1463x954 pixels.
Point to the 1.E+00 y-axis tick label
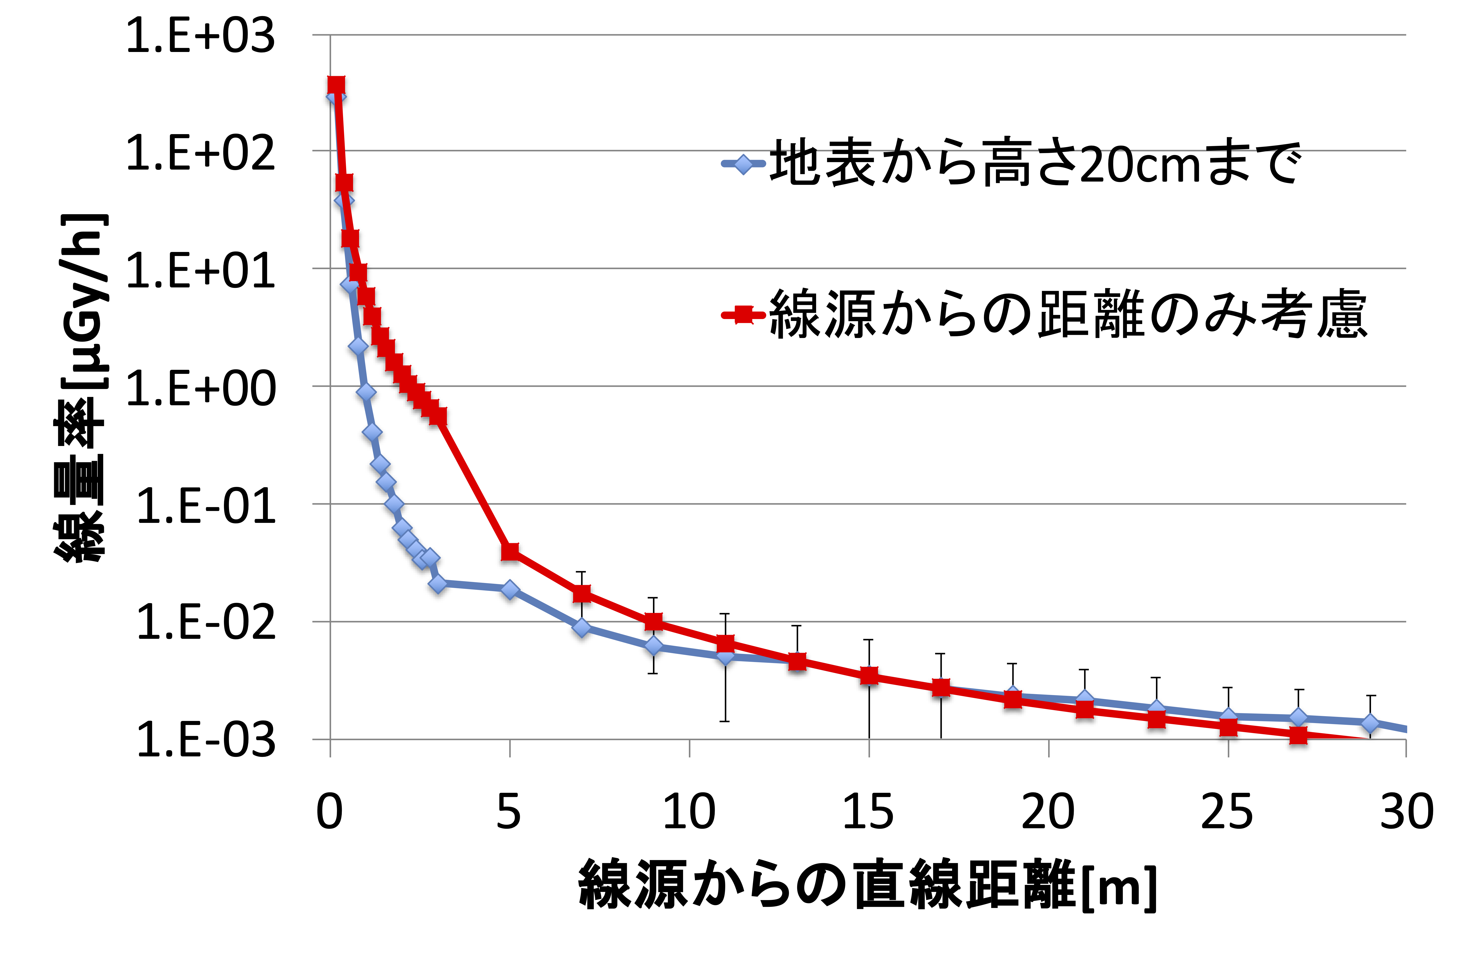(x=200, y=389)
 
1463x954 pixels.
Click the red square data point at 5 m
(x=510, y=551)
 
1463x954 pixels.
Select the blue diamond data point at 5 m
(x=510, y=589)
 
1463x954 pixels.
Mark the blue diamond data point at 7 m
(x=582, y=628)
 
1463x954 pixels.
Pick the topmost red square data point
(x=336, y=86)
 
